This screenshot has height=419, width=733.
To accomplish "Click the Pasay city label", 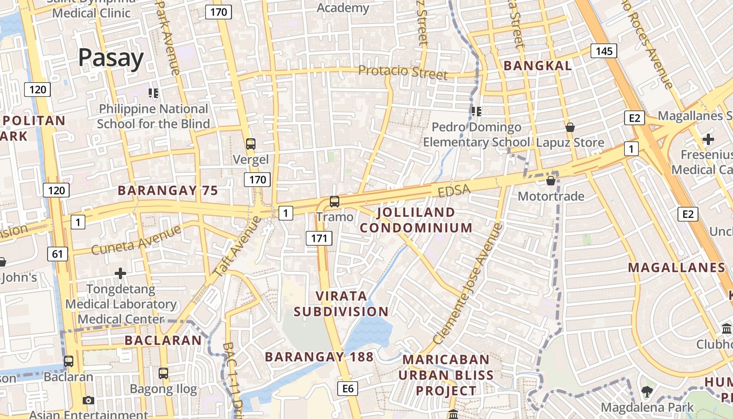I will (x=111, y=58).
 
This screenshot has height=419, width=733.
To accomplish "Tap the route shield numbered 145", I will (x=604, y=51).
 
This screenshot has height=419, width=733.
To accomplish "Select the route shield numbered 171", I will (x=319, y=238).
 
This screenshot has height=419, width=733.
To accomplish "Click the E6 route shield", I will (x=348, y=388).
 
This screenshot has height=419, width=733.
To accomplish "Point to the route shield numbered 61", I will (x=57, y=255).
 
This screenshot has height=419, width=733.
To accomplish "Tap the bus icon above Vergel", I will (x=251, y=144).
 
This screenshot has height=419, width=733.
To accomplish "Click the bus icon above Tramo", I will (x=334, y=201).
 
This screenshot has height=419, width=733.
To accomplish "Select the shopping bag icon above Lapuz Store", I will (x=570, y=127).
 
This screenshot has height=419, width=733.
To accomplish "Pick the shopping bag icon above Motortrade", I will (x=551, y=181).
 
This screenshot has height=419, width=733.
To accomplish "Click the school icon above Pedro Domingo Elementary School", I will (x=476, y=112).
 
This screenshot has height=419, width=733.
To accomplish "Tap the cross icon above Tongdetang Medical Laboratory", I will (x=120, y=273).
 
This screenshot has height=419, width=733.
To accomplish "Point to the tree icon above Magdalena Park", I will (x=647, y=391).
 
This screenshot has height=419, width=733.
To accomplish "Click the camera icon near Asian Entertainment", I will (x=88, y=401).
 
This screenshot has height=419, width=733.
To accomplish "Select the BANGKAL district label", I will (x=538, y=65).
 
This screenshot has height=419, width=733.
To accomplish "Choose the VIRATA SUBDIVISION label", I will (x=341, y=303).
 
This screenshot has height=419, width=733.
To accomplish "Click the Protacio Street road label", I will (x=403, y=72).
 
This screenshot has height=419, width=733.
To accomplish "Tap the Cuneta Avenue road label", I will (x=136, y=239).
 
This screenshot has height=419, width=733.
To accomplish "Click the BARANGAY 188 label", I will (x=319, y=357).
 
